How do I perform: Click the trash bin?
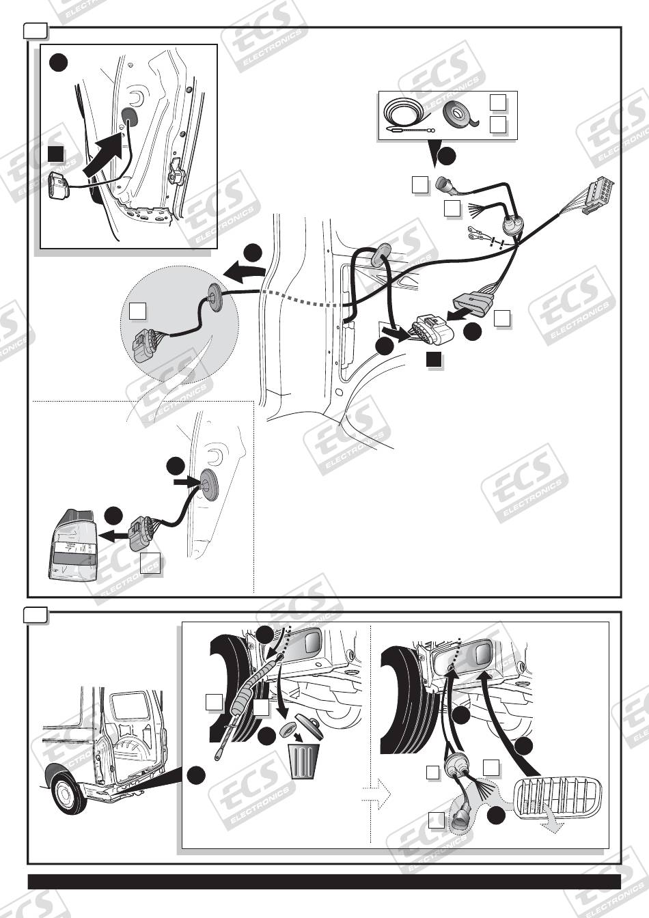pos(305,761)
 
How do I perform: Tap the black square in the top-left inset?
pos(57,154)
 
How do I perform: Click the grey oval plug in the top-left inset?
pos(128,115)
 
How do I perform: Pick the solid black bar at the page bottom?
pos(324,881)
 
